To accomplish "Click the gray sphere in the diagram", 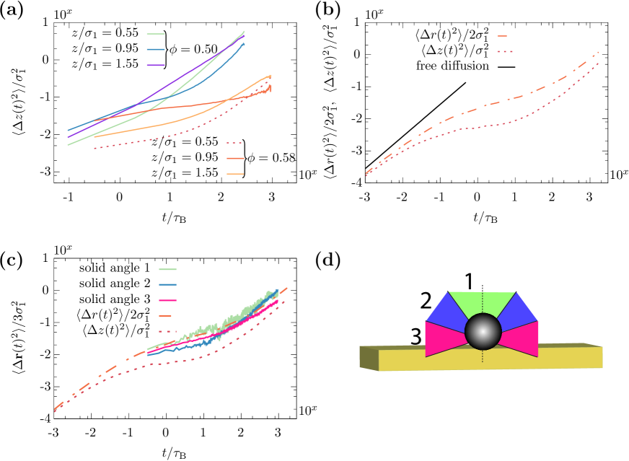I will (x=483, y=332).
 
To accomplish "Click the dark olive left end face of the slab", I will (x=369, y=359).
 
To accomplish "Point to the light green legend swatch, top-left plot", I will (x=156, y=34).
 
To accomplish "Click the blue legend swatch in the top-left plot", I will (x=156, y=50).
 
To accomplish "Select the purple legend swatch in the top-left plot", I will (x=156, y=65).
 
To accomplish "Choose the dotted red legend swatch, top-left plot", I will (x=234, y=143).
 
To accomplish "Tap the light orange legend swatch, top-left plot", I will (x=235, y=174).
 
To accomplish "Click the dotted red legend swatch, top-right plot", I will (x=505, y=51).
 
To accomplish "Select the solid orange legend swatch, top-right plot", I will (x=502, y=36).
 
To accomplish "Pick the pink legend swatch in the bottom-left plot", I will (x=167, y=300).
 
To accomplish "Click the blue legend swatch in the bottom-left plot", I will (x=167, y=285).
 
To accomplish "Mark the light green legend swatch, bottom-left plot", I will (x=167, y=269).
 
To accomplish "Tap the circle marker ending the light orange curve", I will (x=270, y=76).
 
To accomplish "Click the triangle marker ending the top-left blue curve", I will (x=243, y=43).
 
